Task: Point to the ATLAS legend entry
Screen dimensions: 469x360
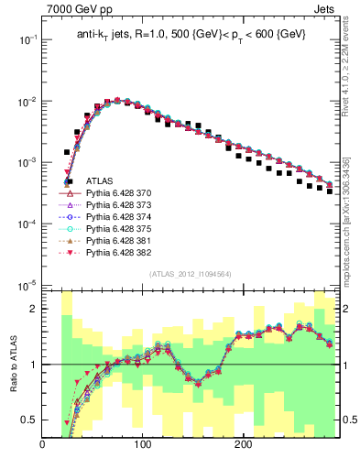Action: click(99, 182)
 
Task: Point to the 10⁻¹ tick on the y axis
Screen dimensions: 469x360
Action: click(27, 40)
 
